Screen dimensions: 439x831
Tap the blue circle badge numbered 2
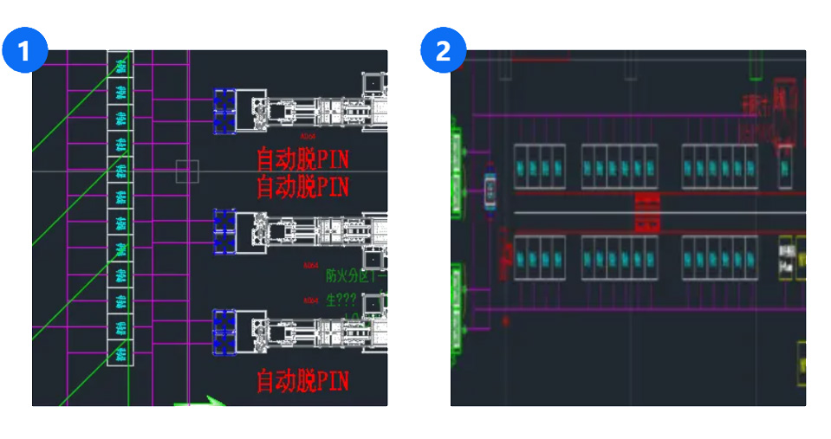click(443, 51)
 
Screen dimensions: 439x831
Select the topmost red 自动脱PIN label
click(303, 160)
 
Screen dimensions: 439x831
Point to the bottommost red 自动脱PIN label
click(303, 380)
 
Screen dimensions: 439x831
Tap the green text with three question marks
click(343, 302)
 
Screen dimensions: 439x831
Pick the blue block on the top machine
click(225, 112)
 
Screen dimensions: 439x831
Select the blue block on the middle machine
click(225, 233)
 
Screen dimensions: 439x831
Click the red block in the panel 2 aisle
click(648, 212)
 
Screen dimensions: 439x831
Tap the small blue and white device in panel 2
click(490, 190)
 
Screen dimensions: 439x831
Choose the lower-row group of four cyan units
click(540, 257)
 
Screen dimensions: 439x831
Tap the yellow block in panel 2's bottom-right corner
click(802, 364)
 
